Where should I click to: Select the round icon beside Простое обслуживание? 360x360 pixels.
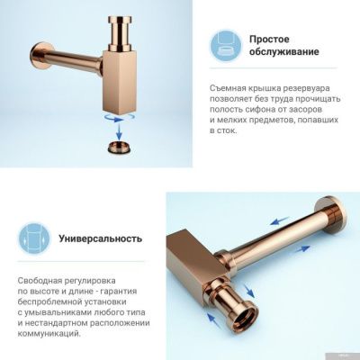coord(228,46)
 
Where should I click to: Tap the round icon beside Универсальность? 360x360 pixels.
coord(34,238)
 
